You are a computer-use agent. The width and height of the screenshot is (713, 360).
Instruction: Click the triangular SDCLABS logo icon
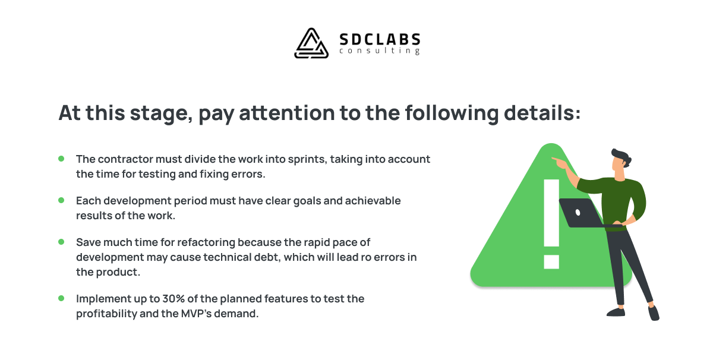311,43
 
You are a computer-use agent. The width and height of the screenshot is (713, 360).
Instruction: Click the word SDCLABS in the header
380,40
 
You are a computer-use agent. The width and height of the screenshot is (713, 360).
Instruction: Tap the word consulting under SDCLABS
380,51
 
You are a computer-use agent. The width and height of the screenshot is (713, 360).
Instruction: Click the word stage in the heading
162,113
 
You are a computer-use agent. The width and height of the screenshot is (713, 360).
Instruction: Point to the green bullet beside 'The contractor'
61,159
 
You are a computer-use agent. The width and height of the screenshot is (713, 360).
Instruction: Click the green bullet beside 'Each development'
61,200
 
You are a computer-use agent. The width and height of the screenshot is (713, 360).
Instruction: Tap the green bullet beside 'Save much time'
61,242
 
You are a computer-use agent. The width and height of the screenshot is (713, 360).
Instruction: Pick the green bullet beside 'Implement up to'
61,298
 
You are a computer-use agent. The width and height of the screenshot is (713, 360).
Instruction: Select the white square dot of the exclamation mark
551,261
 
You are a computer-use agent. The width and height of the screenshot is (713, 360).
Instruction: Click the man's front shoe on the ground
616,312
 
